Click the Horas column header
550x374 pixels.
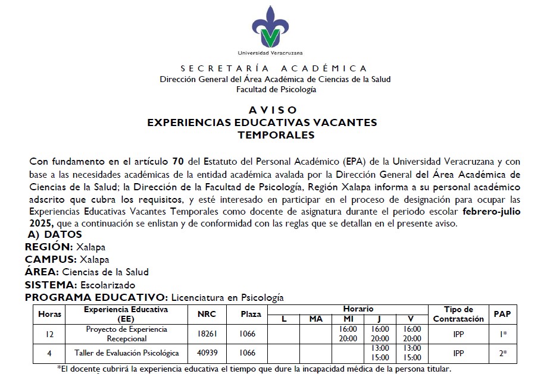coord(49,314)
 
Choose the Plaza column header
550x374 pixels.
coord(251,314)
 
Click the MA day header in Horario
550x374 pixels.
coord(315,319)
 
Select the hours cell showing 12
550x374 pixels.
coord(49,334)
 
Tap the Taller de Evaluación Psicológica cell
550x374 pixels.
coord(126,353)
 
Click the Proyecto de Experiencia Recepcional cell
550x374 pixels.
coord(126,334)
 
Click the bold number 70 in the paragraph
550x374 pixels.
coord(177,161)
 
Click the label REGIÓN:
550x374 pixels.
coord(49,247)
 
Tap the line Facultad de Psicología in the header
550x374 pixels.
coord(276,89)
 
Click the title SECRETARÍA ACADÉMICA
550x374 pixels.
coord(274,68)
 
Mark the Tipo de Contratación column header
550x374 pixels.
coord(458,314)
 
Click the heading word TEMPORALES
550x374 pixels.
coord(276,135)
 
